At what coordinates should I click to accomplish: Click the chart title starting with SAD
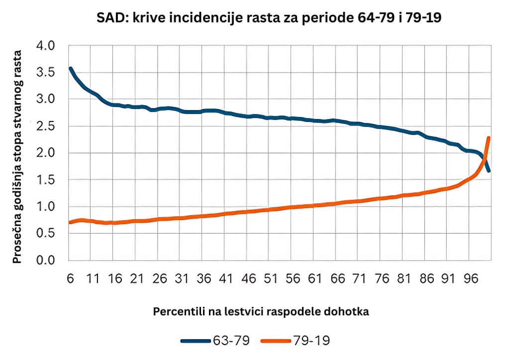[269, 17]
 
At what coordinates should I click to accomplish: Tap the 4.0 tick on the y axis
[46, 46]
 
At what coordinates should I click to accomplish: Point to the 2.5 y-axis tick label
[46, 126]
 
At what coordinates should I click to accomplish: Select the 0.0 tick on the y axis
[46, 260]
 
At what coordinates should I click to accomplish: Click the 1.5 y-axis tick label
[46, 180]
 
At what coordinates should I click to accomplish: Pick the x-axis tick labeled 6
[71, 278]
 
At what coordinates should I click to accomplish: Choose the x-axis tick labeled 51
[270, 278]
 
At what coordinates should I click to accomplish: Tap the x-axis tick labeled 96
[471, 278]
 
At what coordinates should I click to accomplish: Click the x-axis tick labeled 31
[182, 278]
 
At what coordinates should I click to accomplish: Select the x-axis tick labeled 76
[382, 278]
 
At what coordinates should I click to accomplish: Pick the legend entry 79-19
[296, 341]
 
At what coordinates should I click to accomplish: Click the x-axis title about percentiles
[261, 312]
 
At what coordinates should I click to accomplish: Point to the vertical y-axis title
[17, 157]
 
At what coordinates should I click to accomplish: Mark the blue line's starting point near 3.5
[70, 69]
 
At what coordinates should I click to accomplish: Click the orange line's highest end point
[488, 138]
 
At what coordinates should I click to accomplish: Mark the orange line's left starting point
[70, 222]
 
